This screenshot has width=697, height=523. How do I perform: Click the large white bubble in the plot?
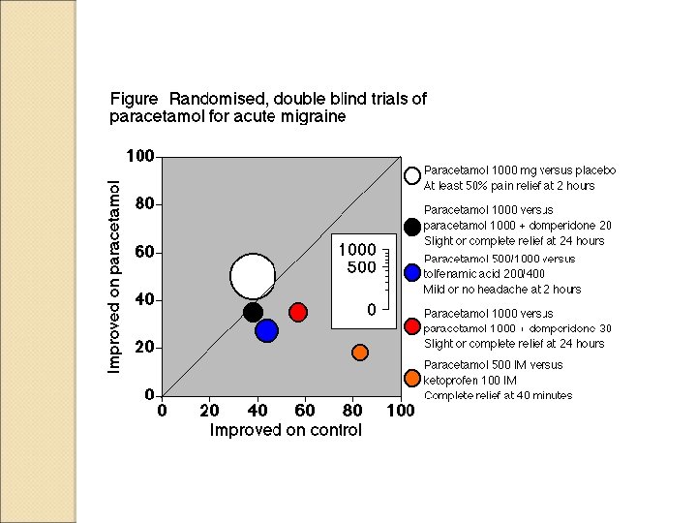pyautogui.click(x=253, y=276)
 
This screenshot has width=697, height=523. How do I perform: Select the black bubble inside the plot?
pyautogui.click(x=253, y=312)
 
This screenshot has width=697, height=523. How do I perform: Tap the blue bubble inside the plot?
pyautogui.click(x=267, y=330)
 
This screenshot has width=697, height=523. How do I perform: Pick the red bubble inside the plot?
pyautogui.click(x=298, y=312)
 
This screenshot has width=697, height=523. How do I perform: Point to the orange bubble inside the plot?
pyautogui.click(x=360, y=352)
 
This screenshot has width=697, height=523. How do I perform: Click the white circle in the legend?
pyautogui.click(x=412, y=176)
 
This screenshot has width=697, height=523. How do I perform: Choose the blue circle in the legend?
pyautogui.click(x=412, y=273)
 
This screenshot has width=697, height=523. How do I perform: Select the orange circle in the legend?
pyautogui.click(x=412, y=378)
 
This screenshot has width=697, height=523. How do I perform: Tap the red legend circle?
pyautogui.click(x=412, y=326)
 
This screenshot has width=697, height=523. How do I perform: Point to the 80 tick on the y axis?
pyautogui.click(x=143, y=204)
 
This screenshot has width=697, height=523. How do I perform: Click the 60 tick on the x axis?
pyautogui.click(x=305, y=411)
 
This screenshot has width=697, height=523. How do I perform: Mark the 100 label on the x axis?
pyautogui.click(x=400, y=411)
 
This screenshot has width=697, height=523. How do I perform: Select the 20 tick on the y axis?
pyautogui.click(x=143, y=348)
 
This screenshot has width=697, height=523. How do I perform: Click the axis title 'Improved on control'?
pyautogui.click(x=286, y=430)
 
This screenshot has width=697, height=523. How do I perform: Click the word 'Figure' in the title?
pyautogui.click(x=135, y=99)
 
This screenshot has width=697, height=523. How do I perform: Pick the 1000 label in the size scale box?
pyautogui.click(x=356, y=250)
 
